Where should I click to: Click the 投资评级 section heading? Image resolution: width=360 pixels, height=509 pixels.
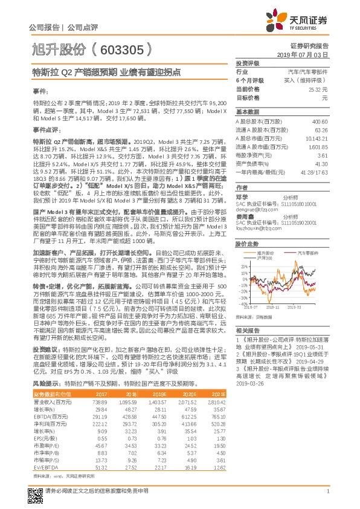[x=247, y=63]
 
